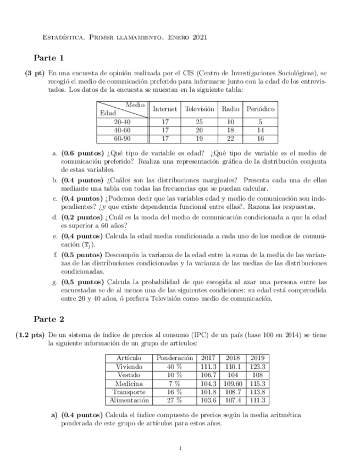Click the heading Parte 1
[49, 57]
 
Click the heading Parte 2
[49, 318]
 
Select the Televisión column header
[200, 109]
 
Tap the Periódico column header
[261, 109]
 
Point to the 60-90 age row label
[122, 138]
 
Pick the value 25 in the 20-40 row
[200, 122]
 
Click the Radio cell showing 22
[230, 138]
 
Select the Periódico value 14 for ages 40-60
[261, 130]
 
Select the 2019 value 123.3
[257, 367]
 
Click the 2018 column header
[233, 358]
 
